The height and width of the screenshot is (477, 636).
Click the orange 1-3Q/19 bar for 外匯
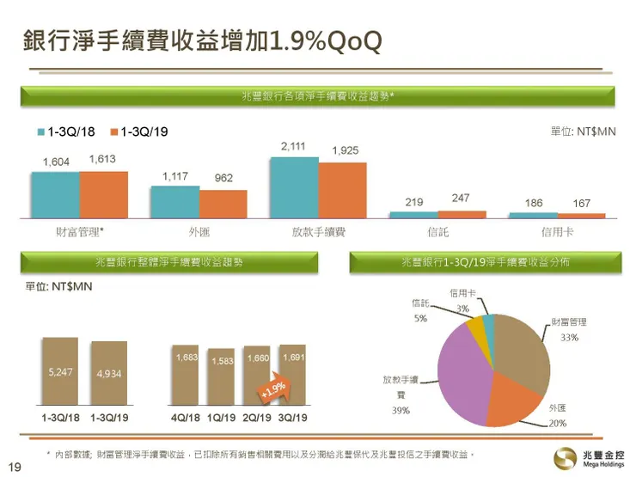coord(223,204)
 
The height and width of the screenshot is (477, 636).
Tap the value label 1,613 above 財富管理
coord(102,160)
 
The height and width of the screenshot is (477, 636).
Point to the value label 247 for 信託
coord(461,199)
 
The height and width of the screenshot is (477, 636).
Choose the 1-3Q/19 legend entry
coord(139,131)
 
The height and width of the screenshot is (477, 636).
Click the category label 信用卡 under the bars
coord(558,232)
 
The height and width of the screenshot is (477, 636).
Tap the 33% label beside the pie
coord(569,338)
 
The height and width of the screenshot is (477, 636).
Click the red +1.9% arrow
coord(273,389)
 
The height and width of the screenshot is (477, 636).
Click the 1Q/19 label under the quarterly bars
coord(221,418)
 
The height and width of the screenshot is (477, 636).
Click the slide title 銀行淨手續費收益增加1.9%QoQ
coord(202,40)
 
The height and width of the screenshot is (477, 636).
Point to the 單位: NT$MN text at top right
coord(583,131)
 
